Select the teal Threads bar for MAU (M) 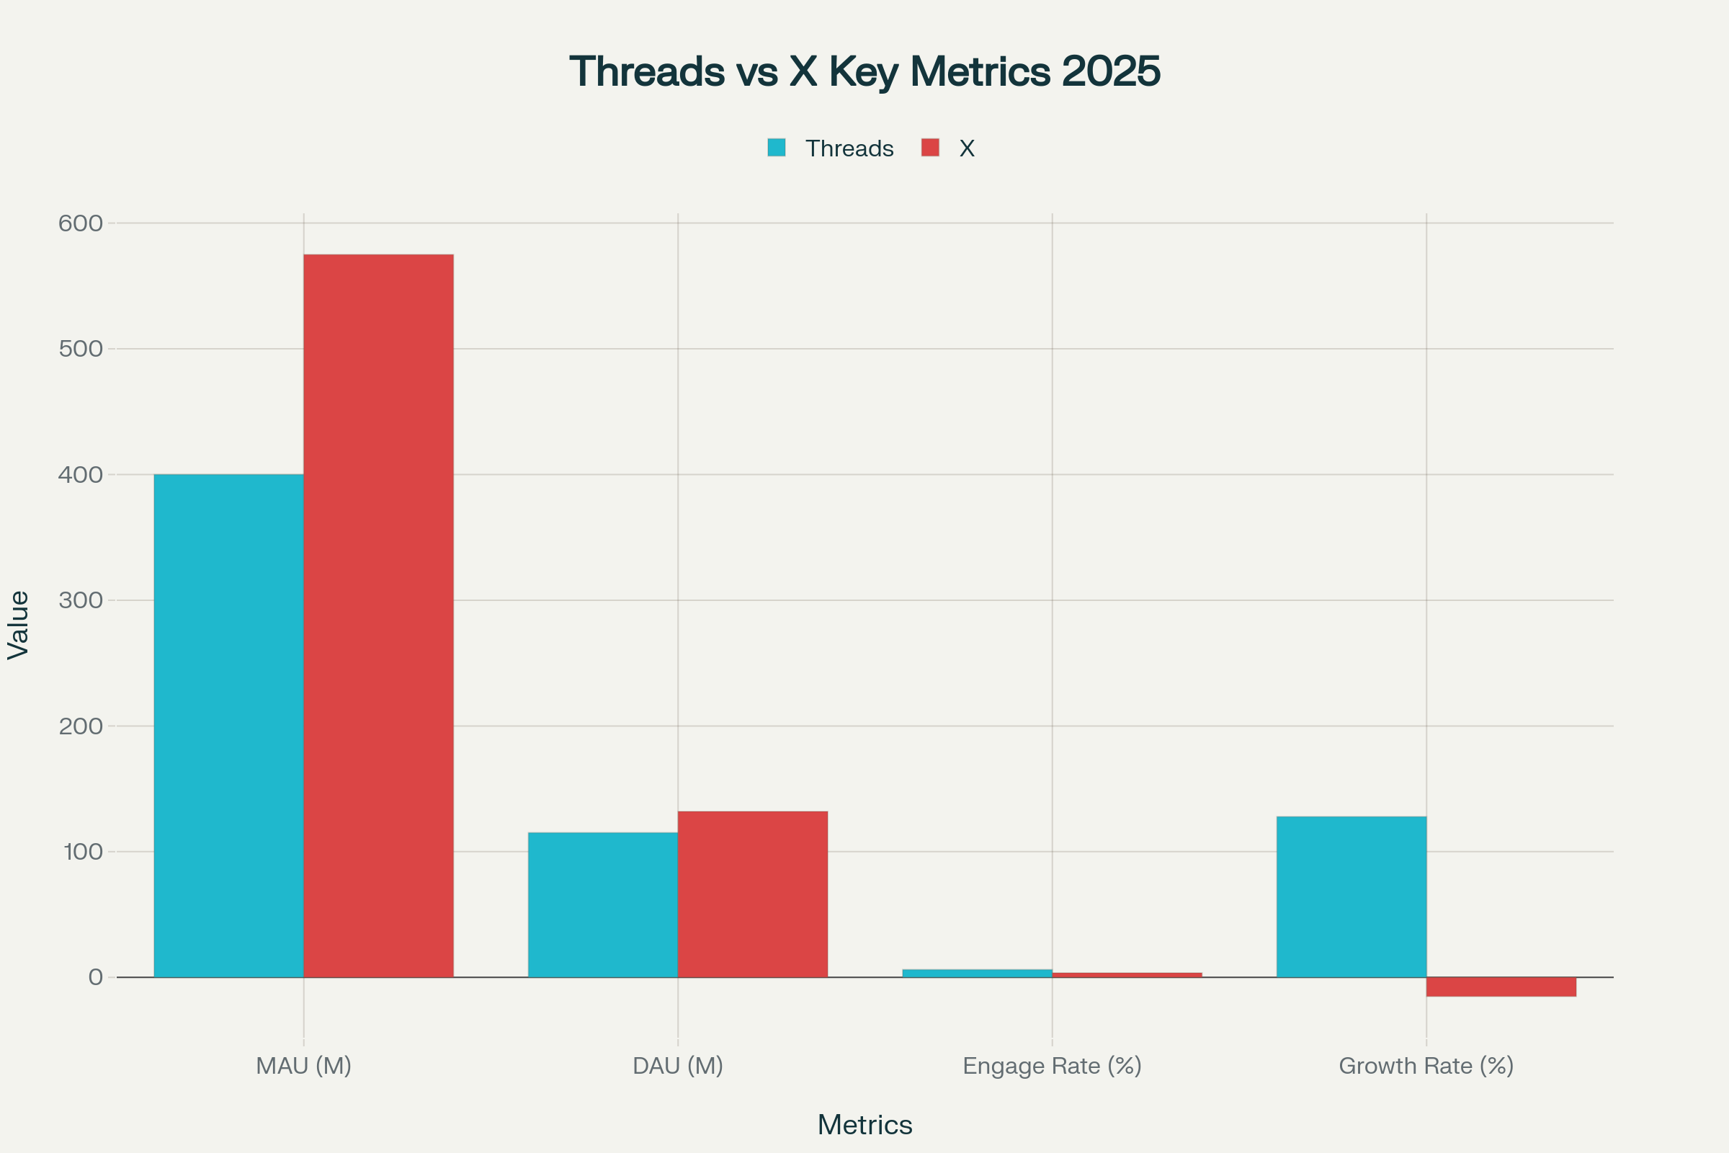point(228,725)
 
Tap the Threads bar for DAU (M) point(603,904)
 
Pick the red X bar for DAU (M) point(752,894)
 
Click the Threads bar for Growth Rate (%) point(1352,896)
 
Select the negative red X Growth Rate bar point(1501,987)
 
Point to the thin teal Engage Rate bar point(977,973)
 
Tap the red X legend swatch point(930,148)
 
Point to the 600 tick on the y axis point(80,223)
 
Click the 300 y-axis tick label point(80,601)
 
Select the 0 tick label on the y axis point(95,977)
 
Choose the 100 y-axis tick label point(82,852)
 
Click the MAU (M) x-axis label point(303,1066)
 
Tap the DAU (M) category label point(678,1066)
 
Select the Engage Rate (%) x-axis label point(1052,1066)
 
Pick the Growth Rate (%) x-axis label point(1426,1066)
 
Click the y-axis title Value point(19,625)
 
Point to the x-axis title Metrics point(864,1125)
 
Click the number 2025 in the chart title point(1110,71)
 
